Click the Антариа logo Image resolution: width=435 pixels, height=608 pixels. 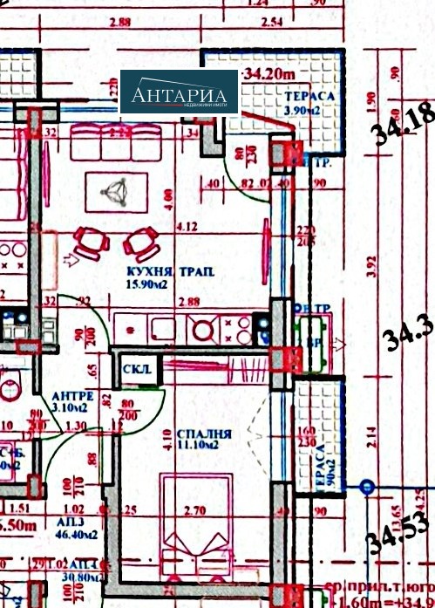click(179, 92)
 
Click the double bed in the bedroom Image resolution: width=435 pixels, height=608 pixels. click(196, 516)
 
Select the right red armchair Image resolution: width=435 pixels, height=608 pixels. click(141, 240)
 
